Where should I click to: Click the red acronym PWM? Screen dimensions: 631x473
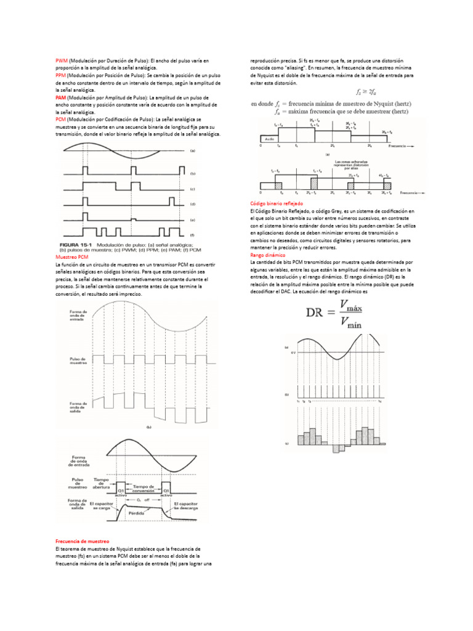point(62,61)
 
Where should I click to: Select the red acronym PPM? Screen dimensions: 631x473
point(61,75)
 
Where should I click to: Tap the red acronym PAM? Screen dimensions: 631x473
point(61,97)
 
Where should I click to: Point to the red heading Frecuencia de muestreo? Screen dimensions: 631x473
point(82,540)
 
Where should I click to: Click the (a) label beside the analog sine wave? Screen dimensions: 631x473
point(192,150)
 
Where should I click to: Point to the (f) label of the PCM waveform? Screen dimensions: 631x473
point(192,235)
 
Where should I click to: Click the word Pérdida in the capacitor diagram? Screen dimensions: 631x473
point(135,513)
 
